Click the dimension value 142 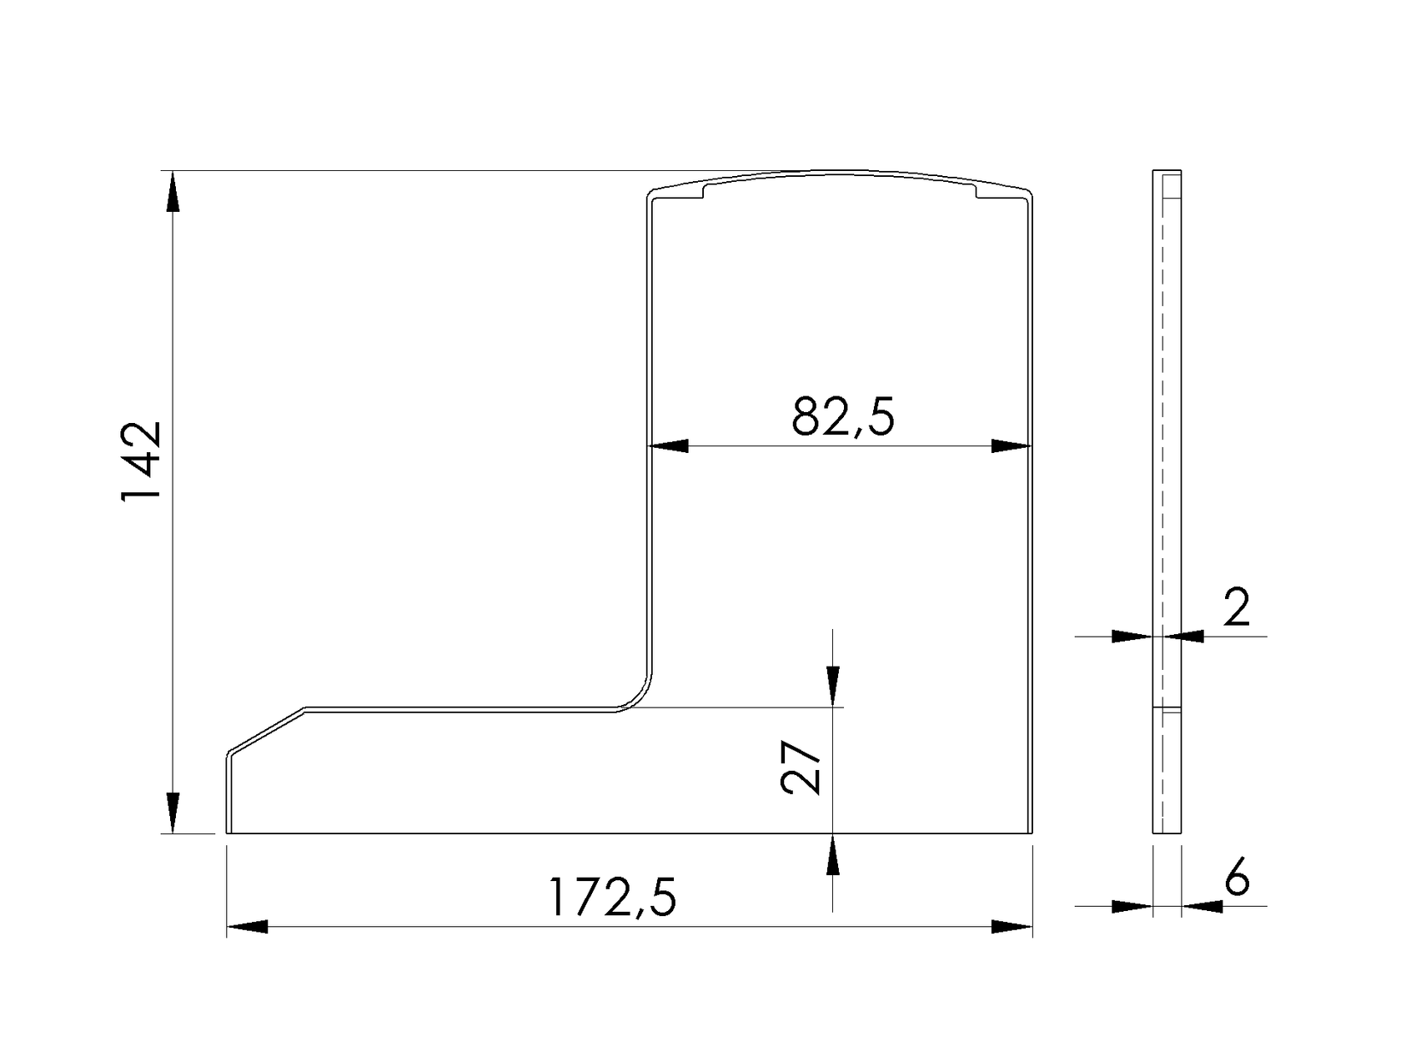[139, 461]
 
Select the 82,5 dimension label [842, 416]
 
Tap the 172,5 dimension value [611, 898]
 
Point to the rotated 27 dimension [801, 769]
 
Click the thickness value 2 [1237, 607]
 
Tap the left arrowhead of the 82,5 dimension [669, 446]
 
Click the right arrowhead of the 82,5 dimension [1012, 446]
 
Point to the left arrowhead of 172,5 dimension [247, 927]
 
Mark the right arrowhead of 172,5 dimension [1012, 927]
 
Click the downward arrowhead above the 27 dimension [832, 686]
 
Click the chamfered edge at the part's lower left [266, 731]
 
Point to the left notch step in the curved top [705, 191]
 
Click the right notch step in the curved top [976, 191]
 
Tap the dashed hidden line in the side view [1161, 501]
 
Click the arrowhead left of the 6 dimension [1132, 906]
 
